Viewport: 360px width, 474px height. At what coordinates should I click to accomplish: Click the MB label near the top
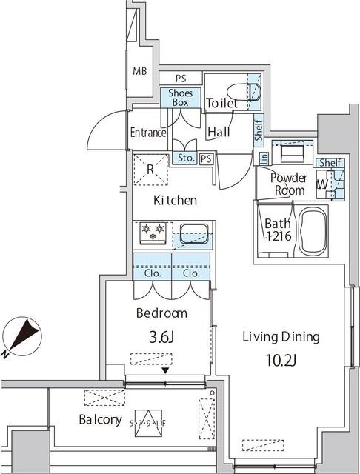point(139,72)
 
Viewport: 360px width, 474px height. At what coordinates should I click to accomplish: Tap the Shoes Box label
point(181,97)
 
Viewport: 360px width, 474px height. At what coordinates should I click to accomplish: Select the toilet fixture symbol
point(250,91)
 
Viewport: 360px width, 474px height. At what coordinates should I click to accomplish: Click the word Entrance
point(148,133)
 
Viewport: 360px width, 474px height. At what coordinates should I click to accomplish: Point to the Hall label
point(219,133)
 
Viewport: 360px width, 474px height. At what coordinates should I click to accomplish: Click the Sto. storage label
point(186,158)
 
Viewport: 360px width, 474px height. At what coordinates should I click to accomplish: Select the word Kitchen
point(175,200)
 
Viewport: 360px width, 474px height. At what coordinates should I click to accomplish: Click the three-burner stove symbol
point(153,233)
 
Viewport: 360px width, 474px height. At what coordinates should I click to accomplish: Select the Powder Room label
point(288,184)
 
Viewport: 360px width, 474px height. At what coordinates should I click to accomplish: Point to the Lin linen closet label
point(264,157)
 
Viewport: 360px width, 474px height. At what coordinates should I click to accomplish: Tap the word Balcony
point(100,420)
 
